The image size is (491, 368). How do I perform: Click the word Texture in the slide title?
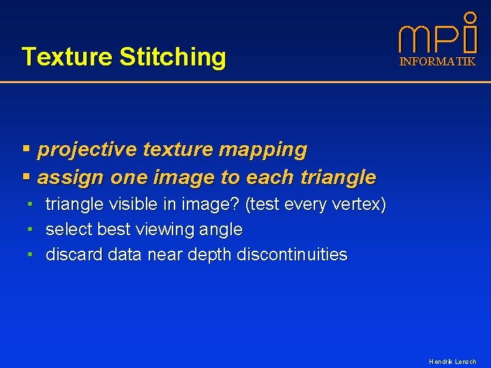(67, 57)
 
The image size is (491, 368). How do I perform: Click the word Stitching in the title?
(172, 57)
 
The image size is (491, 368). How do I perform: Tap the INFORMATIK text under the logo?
(437, 61)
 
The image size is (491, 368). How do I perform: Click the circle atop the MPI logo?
(470, 16)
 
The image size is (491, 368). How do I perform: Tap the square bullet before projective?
(27, 149)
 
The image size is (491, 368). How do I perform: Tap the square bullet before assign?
(27, 177)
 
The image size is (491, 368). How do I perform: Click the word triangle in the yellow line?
(336, 178)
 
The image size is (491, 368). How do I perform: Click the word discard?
(74, 255)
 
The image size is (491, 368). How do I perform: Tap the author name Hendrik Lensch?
(452, 361)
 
